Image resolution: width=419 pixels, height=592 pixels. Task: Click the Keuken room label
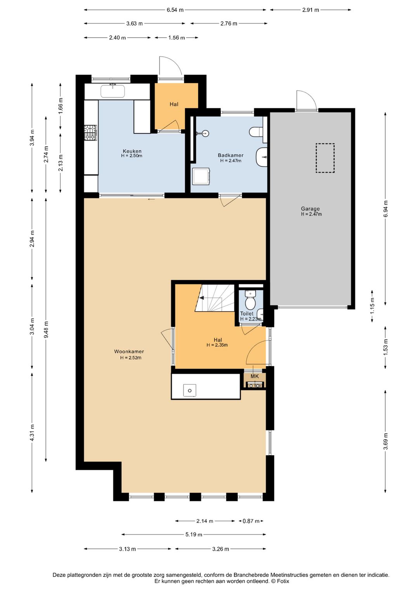point(132,151)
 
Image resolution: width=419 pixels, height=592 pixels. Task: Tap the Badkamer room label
point(230,156)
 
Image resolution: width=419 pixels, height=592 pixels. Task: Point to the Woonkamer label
point(129,351)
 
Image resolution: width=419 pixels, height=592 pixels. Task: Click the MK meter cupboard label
point(254,376)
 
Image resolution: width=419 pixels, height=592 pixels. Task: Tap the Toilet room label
point(247,314)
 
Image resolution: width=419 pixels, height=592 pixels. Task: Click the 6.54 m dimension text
point(175,10)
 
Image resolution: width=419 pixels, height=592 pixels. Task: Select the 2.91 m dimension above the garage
point(311,10)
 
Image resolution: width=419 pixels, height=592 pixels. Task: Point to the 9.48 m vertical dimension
point(46,330)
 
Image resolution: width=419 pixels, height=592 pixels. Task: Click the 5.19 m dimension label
point(194,534)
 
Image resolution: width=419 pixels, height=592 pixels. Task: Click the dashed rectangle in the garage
point(325,158)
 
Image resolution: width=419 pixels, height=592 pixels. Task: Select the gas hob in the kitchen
point(91,132)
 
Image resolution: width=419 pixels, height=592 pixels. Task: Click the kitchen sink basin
point(113,91)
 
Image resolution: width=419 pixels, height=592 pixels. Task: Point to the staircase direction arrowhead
point(202,298)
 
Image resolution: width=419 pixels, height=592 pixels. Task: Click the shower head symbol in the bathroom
point(205,133)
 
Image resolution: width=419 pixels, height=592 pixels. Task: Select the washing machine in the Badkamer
point(201,176)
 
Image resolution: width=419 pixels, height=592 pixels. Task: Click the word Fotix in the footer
point(283,581)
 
